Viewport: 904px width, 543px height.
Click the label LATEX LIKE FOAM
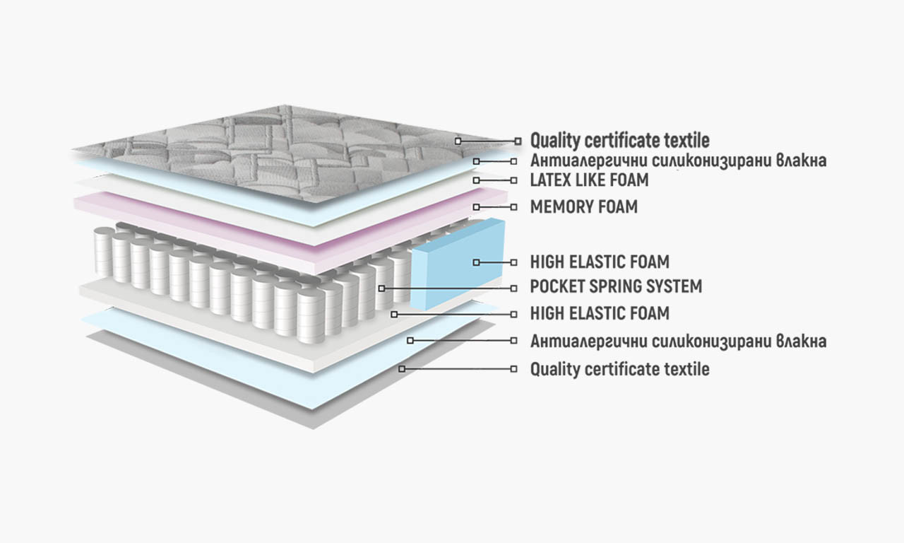[x=589, y=180]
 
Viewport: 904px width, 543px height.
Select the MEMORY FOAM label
[x=583, y=207]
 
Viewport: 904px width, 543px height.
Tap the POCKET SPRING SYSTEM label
[x=616, y=287]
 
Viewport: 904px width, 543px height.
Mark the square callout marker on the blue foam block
[x=477, y=262]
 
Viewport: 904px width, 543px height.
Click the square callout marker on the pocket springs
[x=381, y=288]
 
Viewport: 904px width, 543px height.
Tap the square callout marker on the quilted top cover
[x=458, y=141]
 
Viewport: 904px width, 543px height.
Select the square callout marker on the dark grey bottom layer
[x=401, y=368]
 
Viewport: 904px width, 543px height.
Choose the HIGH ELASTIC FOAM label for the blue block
[x=600, y=262]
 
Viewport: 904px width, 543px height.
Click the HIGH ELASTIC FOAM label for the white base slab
[x=600, y=313]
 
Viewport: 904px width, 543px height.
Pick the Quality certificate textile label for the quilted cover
[x=619, y=141]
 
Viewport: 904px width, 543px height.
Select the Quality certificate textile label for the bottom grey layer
[x=619, y=369]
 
